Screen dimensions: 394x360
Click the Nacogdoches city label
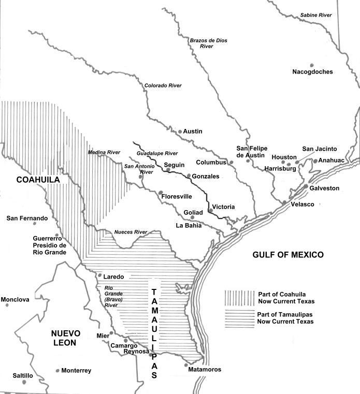pos(312,72)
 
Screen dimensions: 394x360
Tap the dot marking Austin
pos(180,132)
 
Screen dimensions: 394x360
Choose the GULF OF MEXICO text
pos(288,255)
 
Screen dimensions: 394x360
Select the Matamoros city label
pos(205,370)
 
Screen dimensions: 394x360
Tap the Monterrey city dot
pos(57,371)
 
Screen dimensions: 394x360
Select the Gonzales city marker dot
pos(189,176)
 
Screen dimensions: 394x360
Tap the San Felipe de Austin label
pos(251,152)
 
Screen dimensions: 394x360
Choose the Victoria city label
pos(224,207)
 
